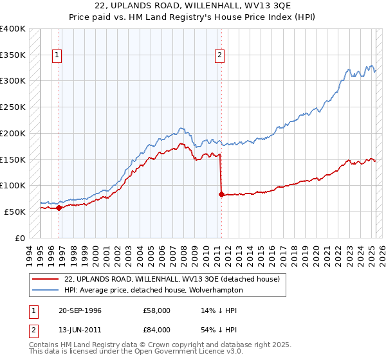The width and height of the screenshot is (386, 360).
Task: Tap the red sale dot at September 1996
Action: click(x=59, y=208)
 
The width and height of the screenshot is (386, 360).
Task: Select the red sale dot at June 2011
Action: click(x=221, y=194)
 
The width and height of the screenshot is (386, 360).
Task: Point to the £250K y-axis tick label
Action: click(x=13, y=107)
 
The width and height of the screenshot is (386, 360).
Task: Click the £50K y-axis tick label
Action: click(x=15, y=212)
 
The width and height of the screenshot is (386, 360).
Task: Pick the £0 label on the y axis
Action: click(x=21, y=238)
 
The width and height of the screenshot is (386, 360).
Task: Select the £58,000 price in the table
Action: click(x=157, y=310)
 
